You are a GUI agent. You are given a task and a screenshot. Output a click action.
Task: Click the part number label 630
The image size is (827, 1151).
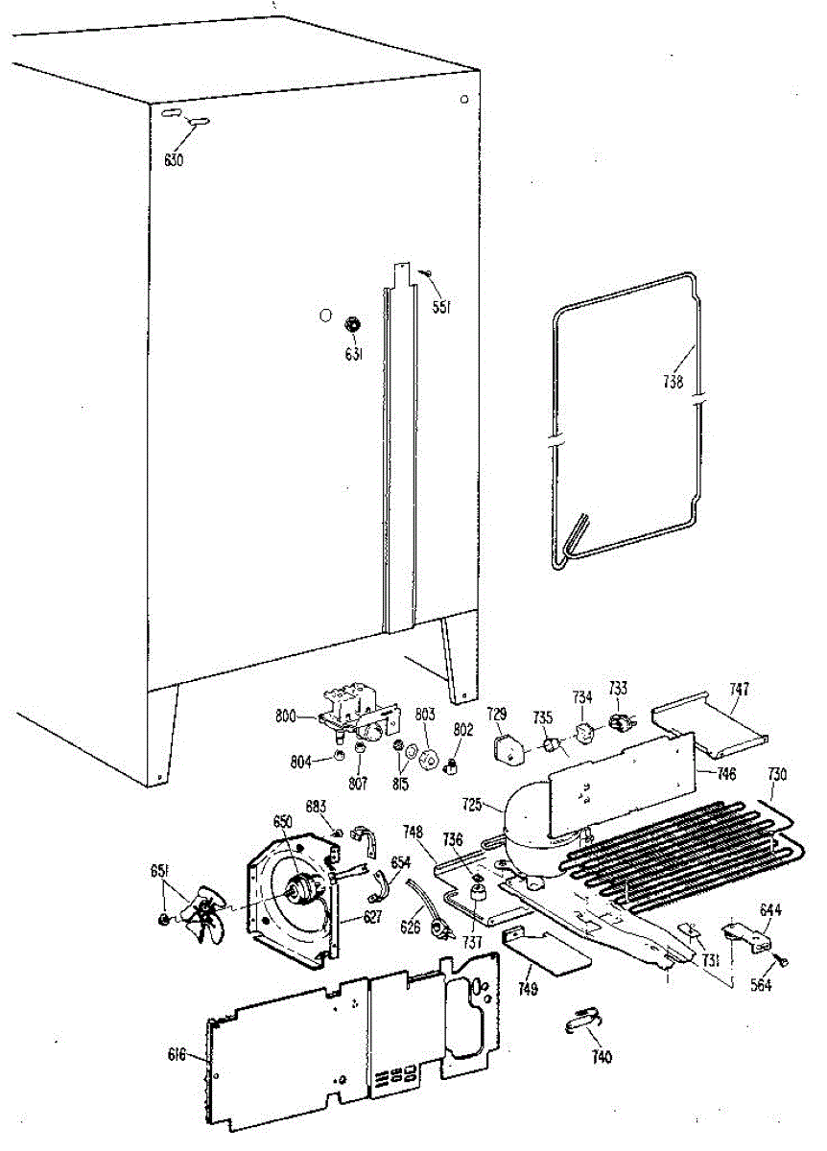click(x=173, y=160)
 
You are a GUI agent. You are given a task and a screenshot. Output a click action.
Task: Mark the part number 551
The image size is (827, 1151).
click(x=441, y=308)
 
